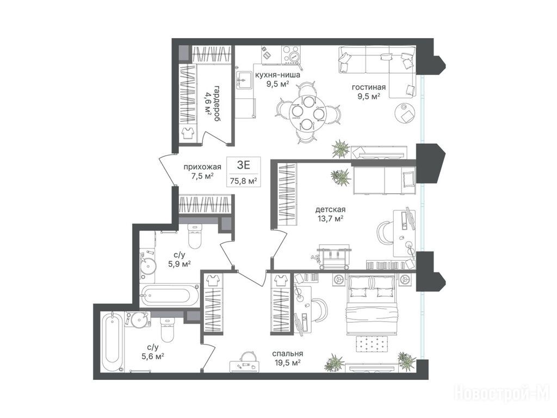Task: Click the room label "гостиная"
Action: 368,87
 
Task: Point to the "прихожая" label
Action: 202,167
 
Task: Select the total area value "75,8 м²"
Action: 244,181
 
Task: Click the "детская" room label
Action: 330,210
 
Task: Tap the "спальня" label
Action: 288,354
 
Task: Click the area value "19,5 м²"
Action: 288,362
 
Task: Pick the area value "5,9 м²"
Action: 180,264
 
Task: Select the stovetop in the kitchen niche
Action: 292,54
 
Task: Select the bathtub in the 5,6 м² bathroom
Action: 112,342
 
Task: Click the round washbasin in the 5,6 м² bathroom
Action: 138,319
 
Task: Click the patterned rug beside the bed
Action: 372,344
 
